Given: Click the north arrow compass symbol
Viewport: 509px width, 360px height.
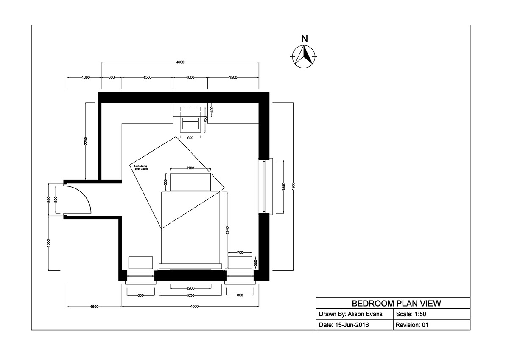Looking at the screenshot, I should [304, 56].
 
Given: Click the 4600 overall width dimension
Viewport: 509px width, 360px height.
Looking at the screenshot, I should [180, 62].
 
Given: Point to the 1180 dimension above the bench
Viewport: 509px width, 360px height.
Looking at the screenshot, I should [190, 169].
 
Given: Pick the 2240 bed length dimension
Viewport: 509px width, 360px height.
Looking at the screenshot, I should [227, 230].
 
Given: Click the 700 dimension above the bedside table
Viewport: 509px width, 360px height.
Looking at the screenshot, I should [240, 253].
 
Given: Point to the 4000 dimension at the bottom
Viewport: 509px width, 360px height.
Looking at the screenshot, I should [190, 306].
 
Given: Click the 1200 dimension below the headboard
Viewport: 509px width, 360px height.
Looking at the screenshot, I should [190, 287].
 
